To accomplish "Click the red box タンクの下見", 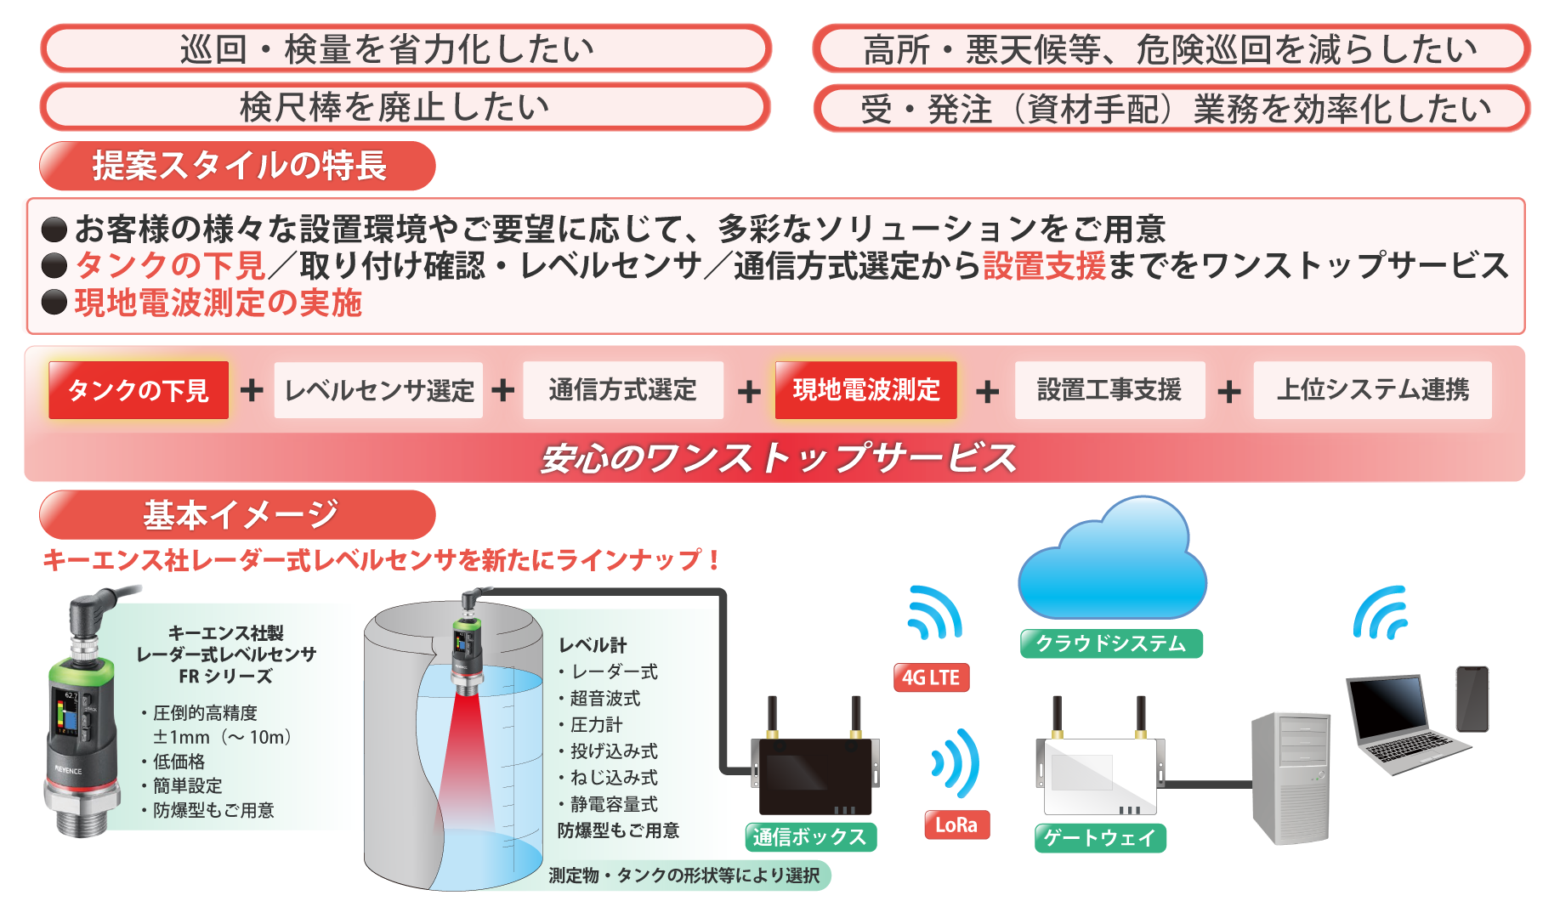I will pyautogui.click(x=139, y=390).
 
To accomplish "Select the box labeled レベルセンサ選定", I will pyautogui.click(x=378, y=390).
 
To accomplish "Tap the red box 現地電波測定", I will pyautogui.click(x=865, y=390).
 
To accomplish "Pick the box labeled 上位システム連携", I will pyautogui.click(x=1372, y=390).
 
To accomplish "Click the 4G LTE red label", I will pyautogui.click(x=931, y=677).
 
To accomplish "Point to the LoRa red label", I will pyautogui.click(x=956, y=824).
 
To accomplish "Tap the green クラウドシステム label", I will pyautogui.click(x=1111, y=643).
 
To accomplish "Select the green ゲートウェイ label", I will pyautogui.click(x=1100, y=838).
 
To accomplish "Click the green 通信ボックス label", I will pyautogui.click(x=809, y=837).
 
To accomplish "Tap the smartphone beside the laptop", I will pyautogui.click(x=1472, y=699).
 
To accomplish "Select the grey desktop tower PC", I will pyautogui.click(x=1291, y=778).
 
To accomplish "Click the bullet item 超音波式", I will pyautogui.click(x=604, y=699).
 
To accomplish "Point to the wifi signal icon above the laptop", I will pyautogui.click(x=1381, y=614).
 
